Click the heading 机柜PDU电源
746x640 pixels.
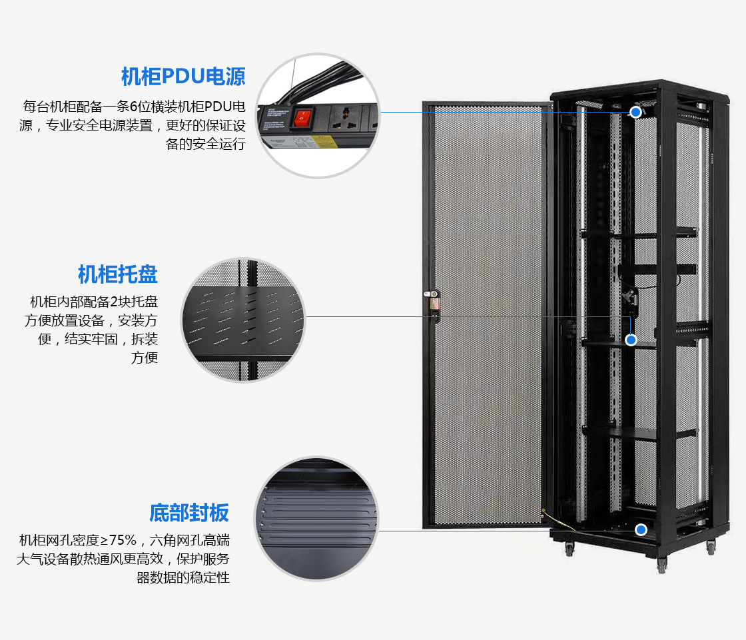point(183,77)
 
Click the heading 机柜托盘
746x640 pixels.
point(117,274)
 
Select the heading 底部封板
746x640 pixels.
point(188,513)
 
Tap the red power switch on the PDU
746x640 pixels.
point(304,118)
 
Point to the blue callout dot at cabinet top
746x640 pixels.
point(637,112)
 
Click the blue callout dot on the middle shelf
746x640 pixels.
point(631,340)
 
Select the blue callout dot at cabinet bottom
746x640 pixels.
point(641,530)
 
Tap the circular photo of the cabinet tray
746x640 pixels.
point(243,321)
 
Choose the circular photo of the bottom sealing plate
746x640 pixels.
point(317,518)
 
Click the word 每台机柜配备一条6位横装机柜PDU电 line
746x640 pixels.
point(134,107)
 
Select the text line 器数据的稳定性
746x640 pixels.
point(183,577)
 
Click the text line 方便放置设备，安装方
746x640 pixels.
point(91,320)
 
